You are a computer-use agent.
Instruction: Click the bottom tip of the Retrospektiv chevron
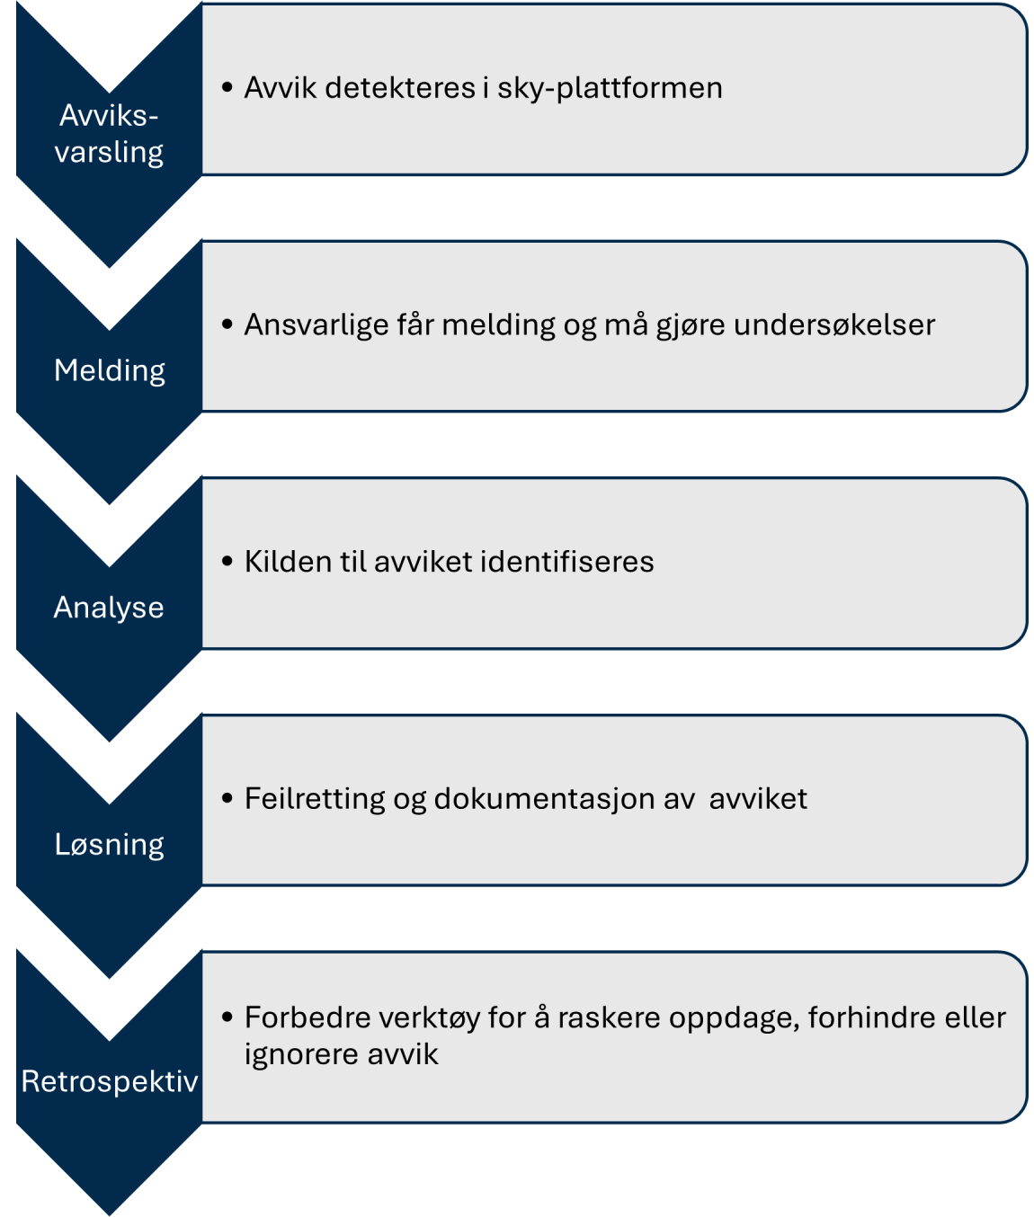pyautogui.click(x=109, y=1214)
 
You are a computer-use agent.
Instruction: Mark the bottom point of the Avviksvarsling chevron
pyautogui.click(x=109, y=268)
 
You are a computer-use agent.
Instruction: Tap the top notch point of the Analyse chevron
pyautogui.click(x=109, y=566)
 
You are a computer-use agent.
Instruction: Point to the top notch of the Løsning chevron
pyautogui.click(x=109, y=804)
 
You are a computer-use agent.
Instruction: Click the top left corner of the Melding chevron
pyautogui.click(x=16, y=238)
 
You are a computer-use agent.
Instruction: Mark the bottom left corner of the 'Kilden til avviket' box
pyautogui.click(x=202, y=648)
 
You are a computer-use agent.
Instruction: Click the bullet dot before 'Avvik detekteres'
pyautogui.click(x=227, y=88)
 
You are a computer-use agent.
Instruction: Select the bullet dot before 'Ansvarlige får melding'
pyautogui.click(x=227, y=324)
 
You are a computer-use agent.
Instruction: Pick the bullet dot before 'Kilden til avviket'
pyautogui.click(x=227, y=561)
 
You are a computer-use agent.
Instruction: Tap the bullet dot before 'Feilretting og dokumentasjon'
pyautogui.click(x=227, y=798)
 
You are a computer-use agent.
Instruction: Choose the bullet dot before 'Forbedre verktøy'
pyautogui.click(x=227, y=1017)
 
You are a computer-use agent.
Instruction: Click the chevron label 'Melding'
pyautogui.click(x=110, y=371)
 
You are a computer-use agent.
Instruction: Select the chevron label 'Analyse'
pyautogui.click(x=109, y=608)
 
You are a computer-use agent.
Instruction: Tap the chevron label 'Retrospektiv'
pyautogui.click(x=110, y=1081)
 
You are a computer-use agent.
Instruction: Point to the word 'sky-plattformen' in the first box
pyautogui.click(x=610, y=88)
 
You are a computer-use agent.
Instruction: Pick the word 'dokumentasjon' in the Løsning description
pyautogui.click(x=545, y=799)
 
